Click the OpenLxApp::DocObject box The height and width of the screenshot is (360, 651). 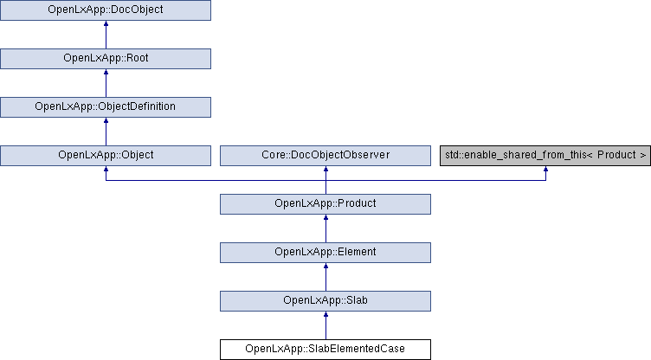[106, 10]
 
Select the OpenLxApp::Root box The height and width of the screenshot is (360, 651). [106, 59]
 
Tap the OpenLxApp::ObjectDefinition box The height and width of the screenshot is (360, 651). [106, 107]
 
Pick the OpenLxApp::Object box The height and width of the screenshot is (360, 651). [106, 156]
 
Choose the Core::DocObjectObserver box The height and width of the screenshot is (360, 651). [325, 156]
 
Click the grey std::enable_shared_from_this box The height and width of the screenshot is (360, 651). [545, 156]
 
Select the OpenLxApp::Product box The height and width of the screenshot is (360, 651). [325, 204]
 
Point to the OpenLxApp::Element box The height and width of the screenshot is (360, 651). [325, 253]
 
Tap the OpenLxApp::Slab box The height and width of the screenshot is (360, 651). [325, 301]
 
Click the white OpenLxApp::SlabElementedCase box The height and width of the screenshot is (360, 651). [325, 350]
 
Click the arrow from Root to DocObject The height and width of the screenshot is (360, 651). [106, 35]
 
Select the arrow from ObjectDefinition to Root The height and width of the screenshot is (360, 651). [106, 83]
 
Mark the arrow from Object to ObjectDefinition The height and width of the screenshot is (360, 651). [106, 132]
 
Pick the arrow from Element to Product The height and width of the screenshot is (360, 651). [325, 228]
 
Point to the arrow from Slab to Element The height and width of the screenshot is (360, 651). [325, 278]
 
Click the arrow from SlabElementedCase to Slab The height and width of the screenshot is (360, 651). [325, 325]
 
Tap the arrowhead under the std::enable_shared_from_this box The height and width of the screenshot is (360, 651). [545, 169]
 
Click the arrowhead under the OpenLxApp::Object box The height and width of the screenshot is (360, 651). [106, 169]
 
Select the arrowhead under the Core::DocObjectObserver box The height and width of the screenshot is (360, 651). [325, 169]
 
